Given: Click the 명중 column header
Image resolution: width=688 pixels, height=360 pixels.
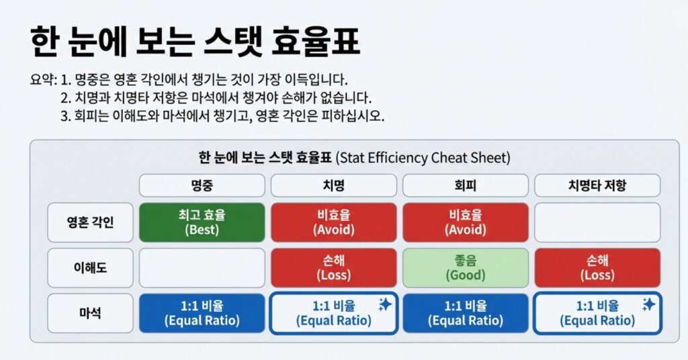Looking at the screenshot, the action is coord(202,185).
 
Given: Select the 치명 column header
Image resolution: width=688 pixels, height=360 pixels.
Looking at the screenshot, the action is coord(333,185).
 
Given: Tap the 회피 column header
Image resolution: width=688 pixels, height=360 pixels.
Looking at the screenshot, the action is coord(466,185).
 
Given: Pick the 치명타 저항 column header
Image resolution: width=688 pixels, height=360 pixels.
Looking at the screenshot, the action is coord(597,185).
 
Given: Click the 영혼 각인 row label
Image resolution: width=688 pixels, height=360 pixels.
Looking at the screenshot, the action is coord(90,222).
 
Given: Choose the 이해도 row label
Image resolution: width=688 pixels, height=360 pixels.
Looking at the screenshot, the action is coord(90,268).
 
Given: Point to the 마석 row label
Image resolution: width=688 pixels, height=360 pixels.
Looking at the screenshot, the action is coord(90,313).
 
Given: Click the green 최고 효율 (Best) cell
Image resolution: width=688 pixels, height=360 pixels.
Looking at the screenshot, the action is coord(202,222).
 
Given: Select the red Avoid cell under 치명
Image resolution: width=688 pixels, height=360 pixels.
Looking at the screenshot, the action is coord(333,222).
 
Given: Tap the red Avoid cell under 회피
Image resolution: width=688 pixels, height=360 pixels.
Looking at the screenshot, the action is coord(466,222).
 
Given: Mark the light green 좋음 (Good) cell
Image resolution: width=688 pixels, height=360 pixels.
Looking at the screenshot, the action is coord(466,268).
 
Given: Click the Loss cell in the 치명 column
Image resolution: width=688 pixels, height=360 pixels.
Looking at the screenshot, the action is coord(333,268).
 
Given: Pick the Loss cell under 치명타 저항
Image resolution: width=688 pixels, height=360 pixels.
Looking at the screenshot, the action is coord(597,268).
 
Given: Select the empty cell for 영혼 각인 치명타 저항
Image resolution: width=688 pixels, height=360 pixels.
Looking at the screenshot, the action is coord(597,222).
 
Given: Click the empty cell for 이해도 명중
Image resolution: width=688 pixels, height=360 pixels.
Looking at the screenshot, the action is coord(202,268).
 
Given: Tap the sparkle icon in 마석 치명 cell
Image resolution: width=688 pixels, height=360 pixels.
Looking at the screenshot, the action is coord(385,304).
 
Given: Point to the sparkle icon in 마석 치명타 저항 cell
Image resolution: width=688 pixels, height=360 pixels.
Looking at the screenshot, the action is coord(648,304).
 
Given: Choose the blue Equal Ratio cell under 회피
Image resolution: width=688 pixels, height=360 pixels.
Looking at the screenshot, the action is coord(466,313).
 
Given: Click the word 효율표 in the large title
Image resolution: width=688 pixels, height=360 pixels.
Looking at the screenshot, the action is coord(316,42).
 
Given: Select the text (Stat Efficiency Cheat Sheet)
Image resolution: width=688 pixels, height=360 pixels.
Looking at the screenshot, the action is coord(423,157).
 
